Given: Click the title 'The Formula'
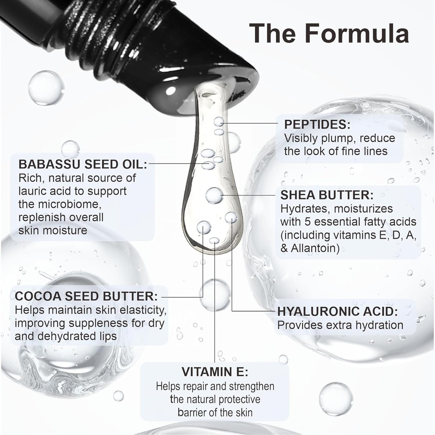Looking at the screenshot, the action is click(x=329, y=34).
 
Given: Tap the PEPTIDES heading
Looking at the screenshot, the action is click(x=317, y=124).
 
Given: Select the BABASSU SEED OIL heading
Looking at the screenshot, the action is click(x=82, y=164).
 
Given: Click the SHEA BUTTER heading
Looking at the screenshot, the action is click(x=327, y=195).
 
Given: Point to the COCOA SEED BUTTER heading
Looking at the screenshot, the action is click(x=86, y=296).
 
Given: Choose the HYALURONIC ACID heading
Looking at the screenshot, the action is click(x=337, y=312).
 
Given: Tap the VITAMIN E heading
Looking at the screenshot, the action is click(x=215, y=371).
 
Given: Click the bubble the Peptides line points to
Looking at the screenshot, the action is click(x=219, y=122).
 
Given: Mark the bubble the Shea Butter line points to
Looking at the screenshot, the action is click(x=214, y=195).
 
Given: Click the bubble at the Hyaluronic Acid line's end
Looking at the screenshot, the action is click(x=231, y=217).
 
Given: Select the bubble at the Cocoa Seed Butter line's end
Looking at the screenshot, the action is click(x=204, y=227).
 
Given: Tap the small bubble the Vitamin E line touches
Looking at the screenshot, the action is click(x=214, y=241).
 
